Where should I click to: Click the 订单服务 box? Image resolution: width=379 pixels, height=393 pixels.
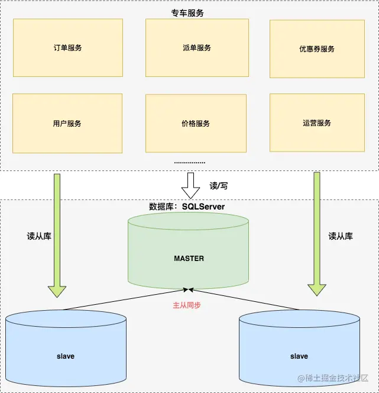(67, 48)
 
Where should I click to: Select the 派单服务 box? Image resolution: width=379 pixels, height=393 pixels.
(196, 48)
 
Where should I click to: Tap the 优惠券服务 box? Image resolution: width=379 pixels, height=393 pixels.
(316, 49)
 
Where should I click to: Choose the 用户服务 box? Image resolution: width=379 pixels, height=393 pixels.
(67, 124)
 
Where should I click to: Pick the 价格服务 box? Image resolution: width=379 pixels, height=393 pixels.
(196, 124)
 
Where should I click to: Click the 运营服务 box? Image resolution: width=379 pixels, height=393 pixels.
(316, 123)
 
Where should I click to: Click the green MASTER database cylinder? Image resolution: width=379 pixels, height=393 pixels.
(189, 259)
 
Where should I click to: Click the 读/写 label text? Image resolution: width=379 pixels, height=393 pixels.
(218, 186)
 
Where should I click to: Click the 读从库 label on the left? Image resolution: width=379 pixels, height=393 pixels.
(39, 236)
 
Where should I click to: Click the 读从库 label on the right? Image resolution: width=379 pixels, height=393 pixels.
(341, 236)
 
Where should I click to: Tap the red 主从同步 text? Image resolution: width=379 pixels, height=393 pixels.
(187, 305)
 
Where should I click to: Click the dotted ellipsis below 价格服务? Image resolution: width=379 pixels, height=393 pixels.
(190, 162)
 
